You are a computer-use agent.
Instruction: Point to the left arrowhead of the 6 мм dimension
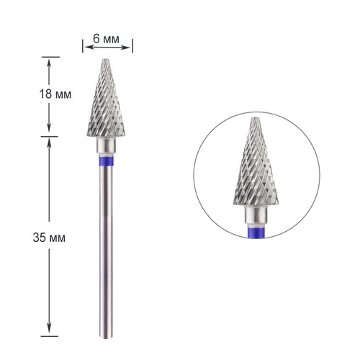(86, 48)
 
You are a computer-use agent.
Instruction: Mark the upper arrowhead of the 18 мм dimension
(49, 61)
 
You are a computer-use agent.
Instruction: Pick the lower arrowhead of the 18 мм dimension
(49, 131)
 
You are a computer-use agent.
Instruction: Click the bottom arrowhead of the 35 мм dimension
(49, 330)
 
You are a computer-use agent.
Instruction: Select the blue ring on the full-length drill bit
(107, 161)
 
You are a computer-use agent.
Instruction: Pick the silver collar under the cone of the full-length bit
(107, 147)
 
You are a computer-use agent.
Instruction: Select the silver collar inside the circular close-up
(256, 214)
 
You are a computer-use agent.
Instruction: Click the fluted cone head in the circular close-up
(255, 169)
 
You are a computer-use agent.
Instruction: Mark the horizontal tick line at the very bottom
(49, 336)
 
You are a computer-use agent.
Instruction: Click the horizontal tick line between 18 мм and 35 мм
(49, 136)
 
